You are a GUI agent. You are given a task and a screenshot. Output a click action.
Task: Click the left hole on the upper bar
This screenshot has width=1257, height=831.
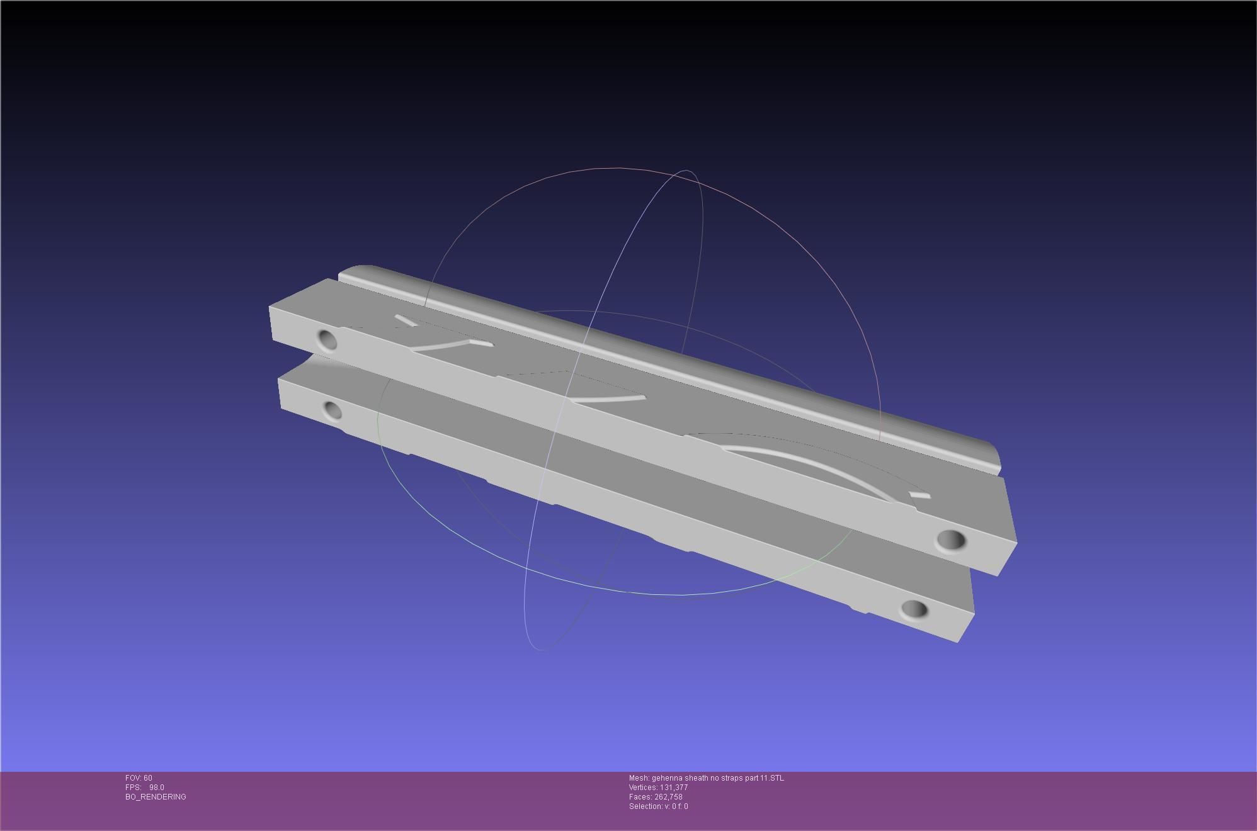(x=327, y=340)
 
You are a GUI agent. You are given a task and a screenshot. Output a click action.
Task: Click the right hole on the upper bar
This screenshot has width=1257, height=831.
(x=951, y=540)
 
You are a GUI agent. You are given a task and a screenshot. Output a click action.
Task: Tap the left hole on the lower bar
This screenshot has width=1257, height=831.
(x=333, y=411)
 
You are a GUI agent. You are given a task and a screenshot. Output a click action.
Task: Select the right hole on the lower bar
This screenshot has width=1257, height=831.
(x=914, y=609)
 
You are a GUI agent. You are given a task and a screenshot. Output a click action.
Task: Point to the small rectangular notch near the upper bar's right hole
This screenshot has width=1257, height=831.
(x=920, y=495)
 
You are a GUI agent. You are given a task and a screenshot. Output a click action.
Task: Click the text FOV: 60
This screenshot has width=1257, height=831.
(x=139, y=778)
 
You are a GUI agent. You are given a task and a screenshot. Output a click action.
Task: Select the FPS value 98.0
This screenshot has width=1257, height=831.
(x=157, y=788)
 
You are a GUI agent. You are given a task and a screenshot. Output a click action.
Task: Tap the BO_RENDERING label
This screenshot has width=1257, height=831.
(x=156, y=797)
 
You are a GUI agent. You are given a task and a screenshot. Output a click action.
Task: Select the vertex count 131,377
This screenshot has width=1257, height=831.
(x=674, y=788)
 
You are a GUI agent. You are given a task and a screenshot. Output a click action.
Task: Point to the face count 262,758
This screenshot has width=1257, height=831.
(x=668, y=797)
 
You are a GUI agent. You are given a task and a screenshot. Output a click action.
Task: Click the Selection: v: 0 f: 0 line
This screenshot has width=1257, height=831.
(x=658, y=806)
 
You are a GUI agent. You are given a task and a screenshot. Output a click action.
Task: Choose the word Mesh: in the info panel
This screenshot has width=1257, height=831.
(x=639, y=778)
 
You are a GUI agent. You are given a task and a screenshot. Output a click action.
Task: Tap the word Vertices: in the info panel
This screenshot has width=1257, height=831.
(x=643, y=788)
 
